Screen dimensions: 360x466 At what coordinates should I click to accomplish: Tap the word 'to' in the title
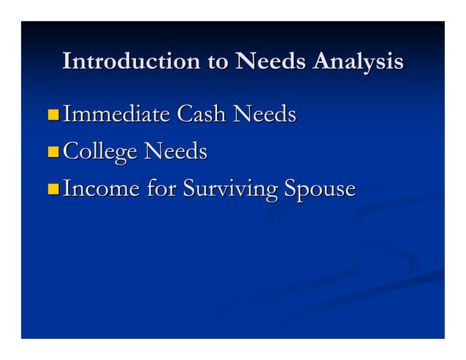(218, 62)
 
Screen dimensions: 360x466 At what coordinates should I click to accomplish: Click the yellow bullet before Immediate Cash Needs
(53, 115)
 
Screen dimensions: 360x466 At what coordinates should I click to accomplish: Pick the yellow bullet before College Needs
(53, 153)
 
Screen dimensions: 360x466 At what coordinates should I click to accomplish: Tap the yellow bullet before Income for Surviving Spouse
(53, 190)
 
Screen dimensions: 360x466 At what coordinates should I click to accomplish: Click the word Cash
(202, 115)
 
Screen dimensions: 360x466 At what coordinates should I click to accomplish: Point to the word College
(101, 153)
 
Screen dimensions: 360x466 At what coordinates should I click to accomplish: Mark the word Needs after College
(175, 152)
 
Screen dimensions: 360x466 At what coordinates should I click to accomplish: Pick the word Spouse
(319, 190)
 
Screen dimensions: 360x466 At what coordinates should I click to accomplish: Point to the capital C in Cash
(186, 115)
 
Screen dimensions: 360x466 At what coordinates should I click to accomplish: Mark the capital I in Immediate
(66, 115)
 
